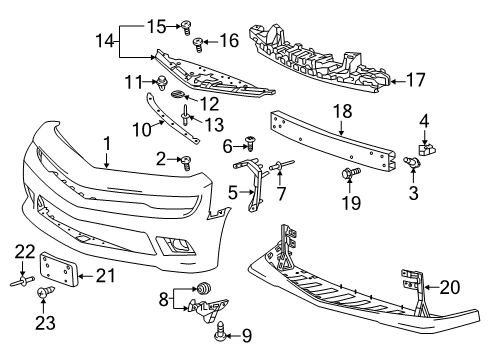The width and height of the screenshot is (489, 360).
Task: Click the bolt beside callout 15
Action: (185, 26)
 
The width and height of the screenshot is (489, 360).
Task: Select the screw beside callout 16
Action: (199, 42)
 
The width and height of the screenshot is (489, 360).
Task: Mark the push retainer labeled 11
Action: (161, 80)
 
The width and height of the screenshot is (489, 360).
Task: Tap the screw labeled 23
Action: (44, 293)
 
